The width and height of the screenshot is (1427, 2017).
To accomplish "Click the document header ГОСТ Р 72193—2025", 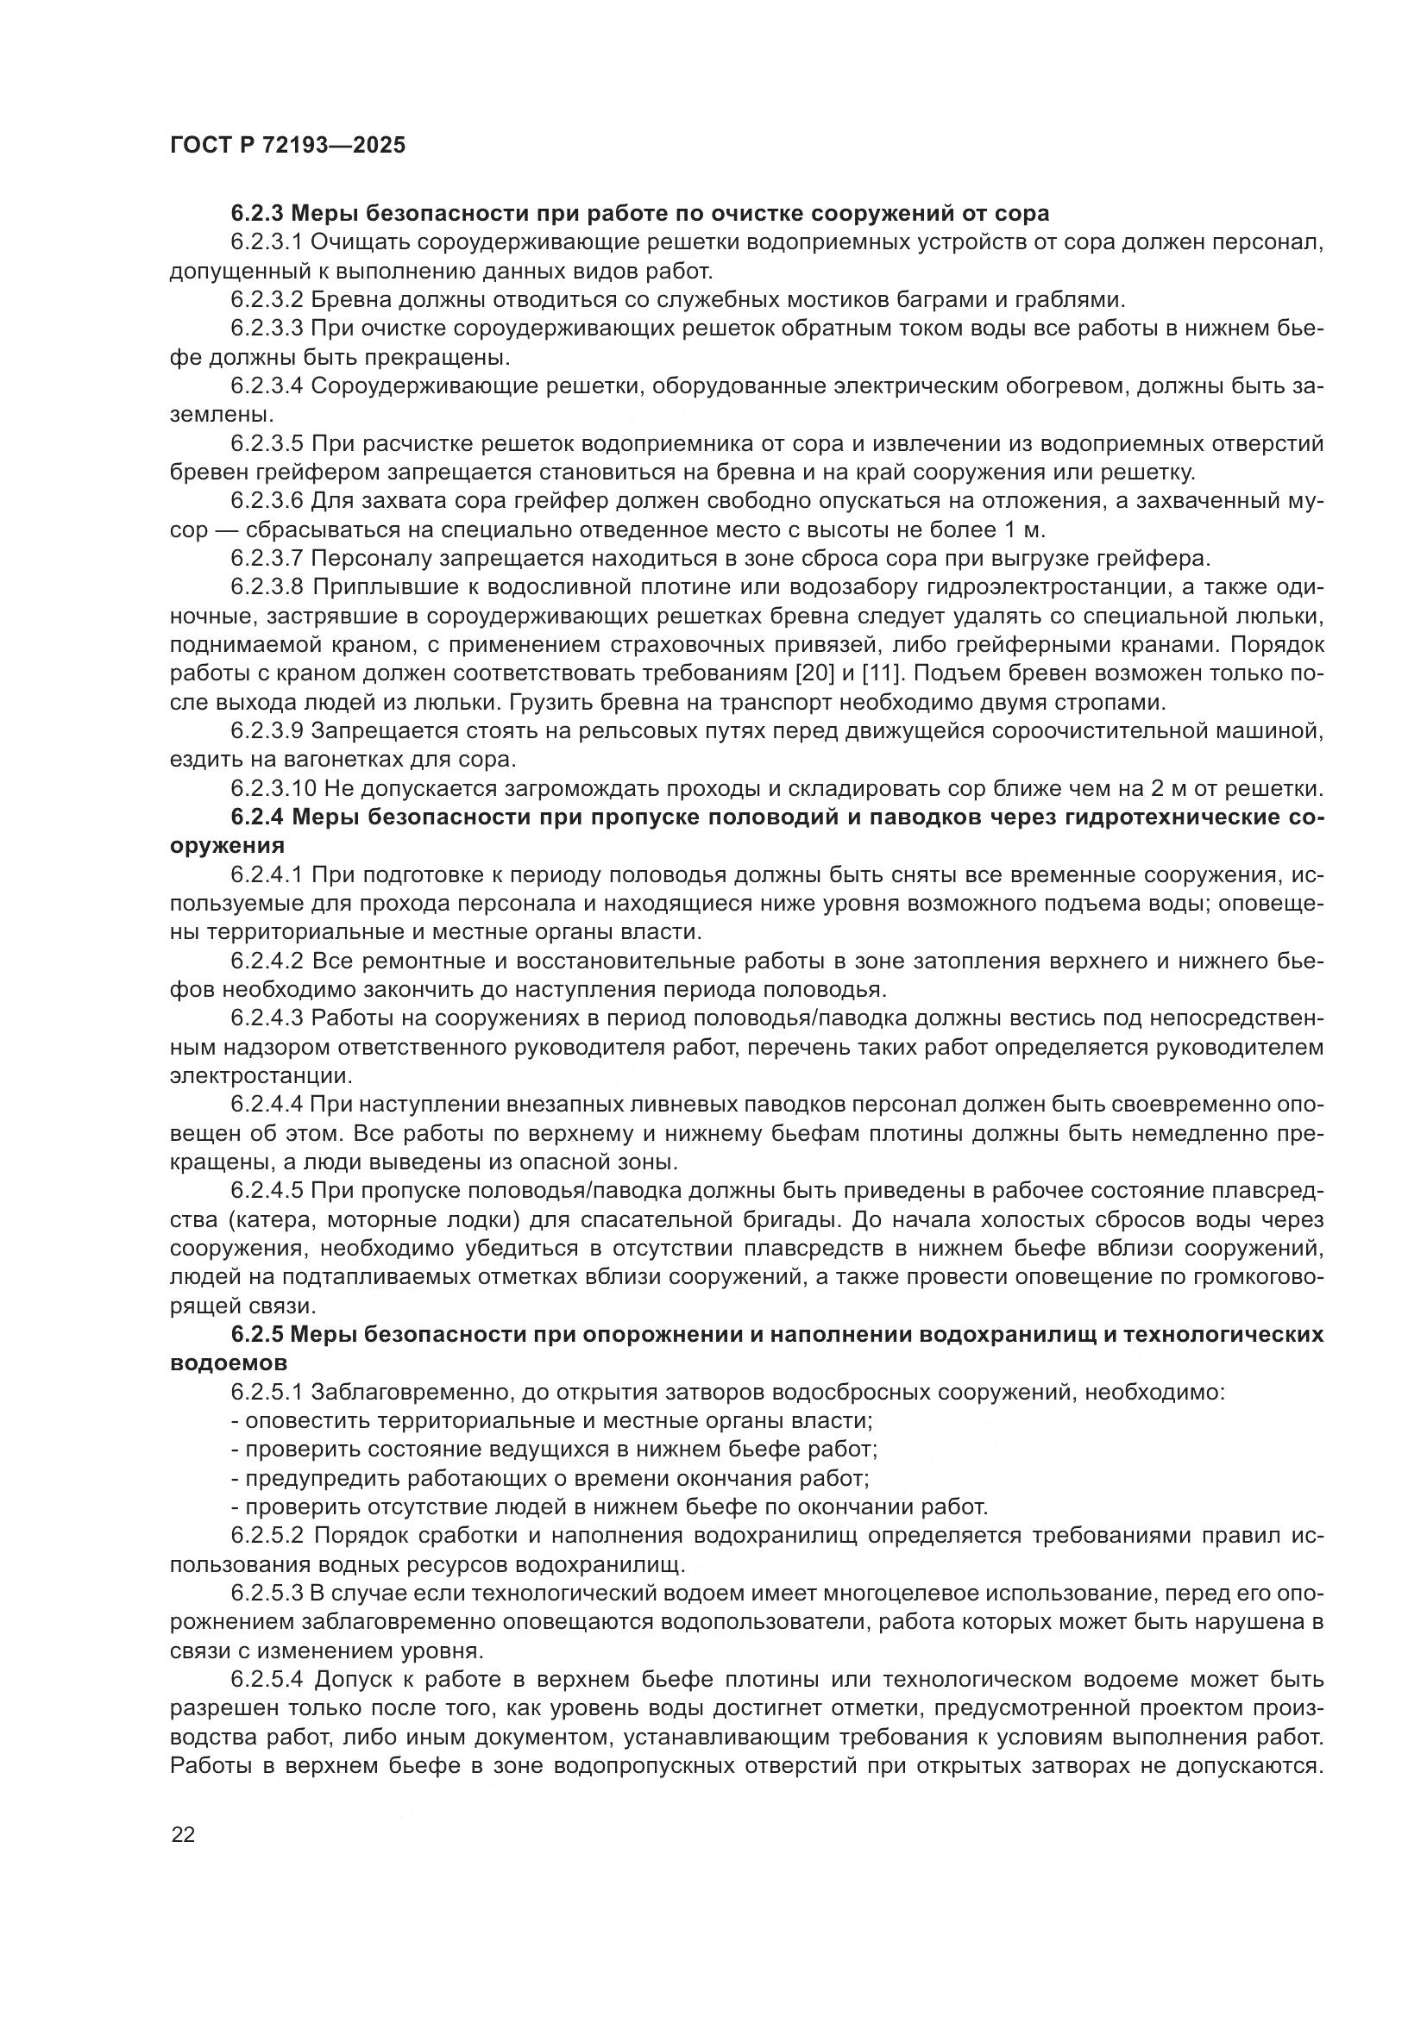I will tap(287, 146).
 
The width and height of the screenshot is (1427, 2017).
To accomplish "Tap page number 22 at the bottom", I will tap(184, 1835).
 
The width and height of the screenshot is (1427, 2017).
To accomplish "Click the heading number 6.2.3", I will tap(256, 214).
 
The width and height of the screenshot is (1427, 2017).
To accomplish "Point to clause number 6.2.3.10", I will tap(273, 789).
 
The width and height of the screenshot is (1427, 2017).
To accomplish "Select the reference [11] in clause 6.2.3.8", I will tap(831, 673).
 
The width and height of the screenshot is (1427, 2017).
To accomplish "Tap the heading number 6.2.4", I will tap(256, 817).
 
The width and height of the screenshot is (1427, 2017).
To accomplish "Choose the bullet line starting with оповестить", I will tap(550, 1421).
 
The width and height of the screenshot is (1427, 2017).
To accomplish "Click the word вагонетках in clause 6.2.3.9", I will tap(332, 760).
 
